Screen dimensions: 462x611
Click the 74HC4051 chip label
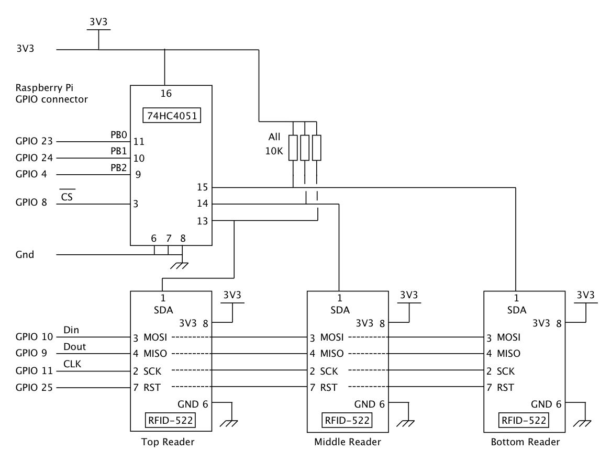(x=171, y=115)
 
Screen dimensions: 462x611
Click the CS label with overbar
(x=67, y=197)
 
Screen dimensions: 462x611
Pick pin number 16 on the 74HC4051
(x=166, y=94)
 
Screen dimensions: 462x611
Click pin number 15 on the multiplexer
(x=203, y=187)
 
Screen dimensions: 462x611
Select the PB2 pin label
(x=119, y=167)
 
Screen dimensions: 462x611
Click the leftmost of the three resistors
(x=293, y=148)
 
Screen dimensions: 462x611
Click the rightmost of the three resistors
(x=317, y=148)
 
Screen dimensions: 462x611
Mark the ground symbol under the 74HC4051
(x=182, y=264)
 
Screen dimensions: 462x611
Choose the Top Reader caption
(x=168, y=442)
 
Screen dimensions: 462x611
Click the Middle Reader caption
(x=348, y=442)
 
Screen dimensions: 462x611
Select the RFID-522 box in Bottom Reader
(x=524, y=420)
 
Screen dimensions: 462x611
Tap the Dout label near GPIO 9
(x=75, y=347)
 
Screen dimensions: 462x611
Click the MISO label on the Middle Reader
(x=332, y=354)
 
